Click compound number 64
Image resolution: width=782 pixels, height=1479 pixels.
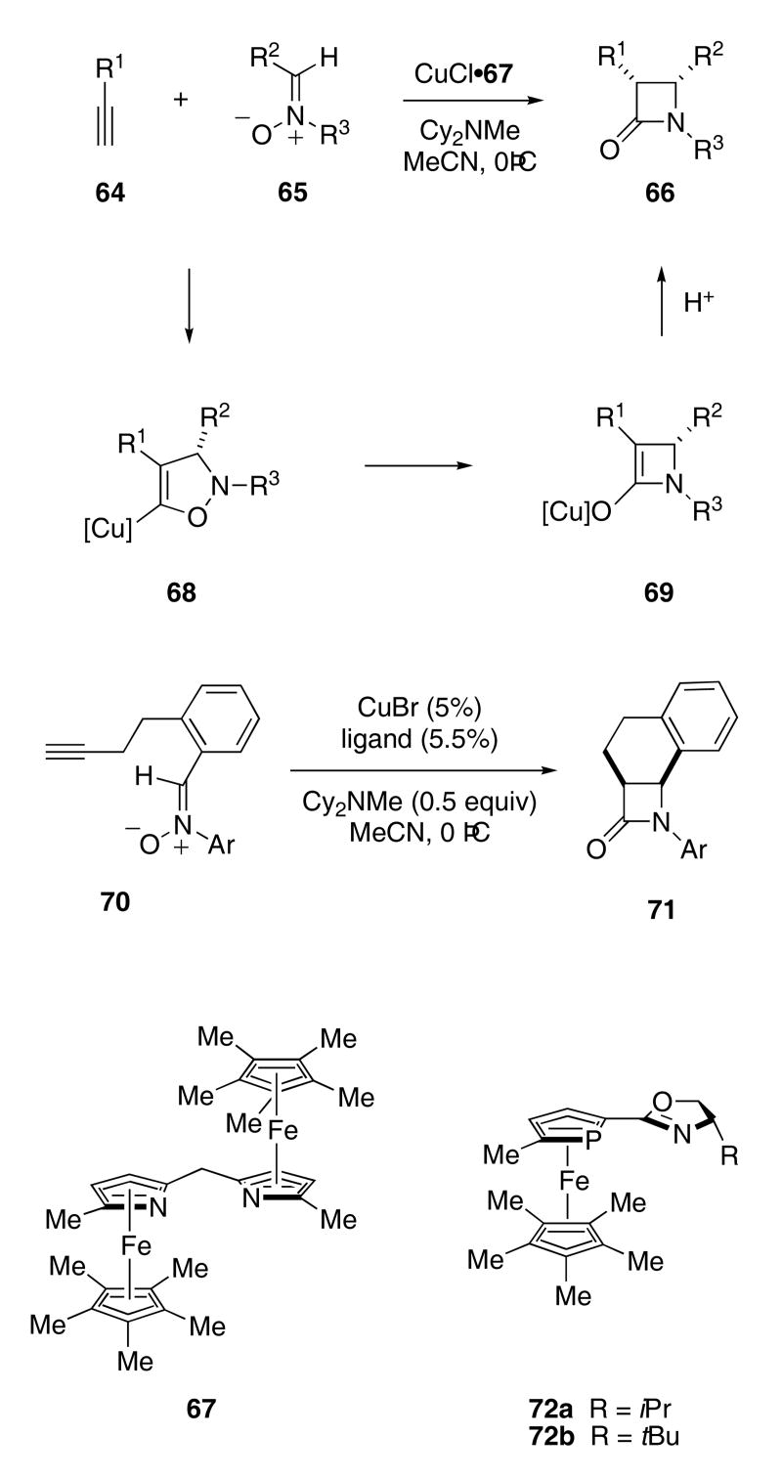[110, 193]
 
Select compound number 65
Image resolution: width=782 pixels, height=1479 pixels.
[292, 193]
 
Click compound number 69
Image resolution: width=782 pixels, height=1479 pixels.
[658, 592]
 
